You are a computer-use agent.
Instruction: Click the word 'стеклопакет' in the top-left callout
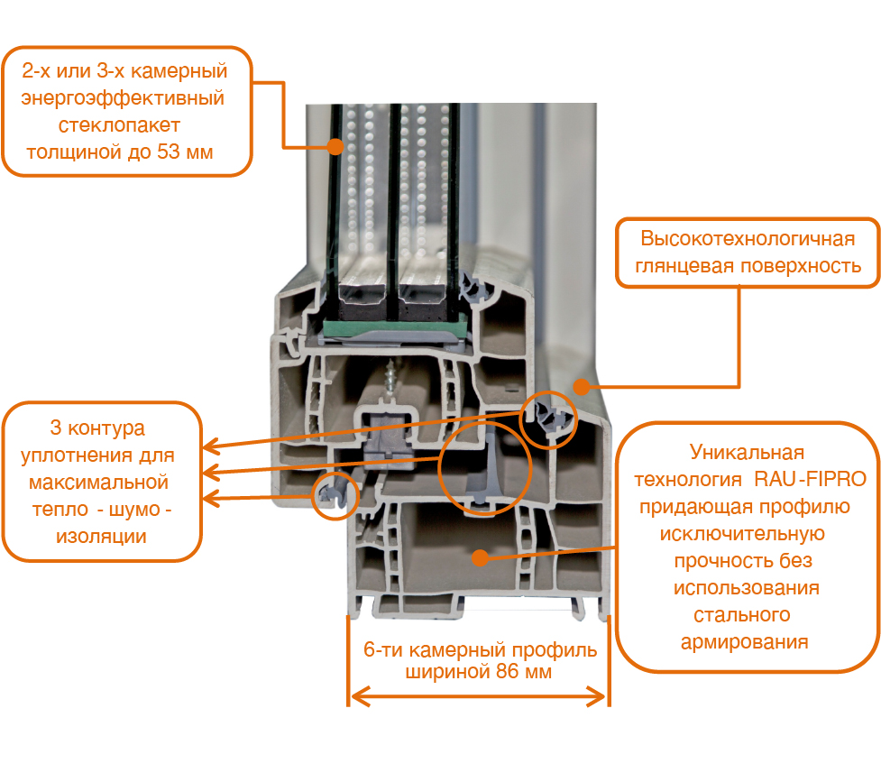click(x=119, y=125)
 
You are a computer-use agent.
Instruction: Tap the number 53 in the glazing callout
click(x=168, y=152)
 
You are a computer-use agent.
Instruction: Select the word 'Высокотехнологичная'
click(x=748, y=238)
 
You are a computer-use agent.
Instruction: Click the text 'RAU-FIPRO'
click(x=810, y=479)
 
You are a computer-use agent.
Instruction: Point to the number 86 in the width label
click(x=507, y=671)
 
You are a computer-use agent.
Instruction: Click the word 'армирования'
click(x=745, y=642)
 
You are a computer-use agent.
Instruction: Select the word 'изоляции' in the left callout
click(x=101, y=537)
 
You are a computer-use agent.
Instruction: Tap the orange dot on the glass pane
click(x=335, y=147)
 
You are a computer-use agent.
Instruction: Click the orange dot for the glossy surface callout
click(x=582, y=386)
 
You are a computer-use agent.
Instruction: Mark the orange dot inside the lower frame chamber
click(x=480, y=557)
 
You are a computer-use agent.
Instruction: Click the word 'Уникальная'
click(x=747, y=453)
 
